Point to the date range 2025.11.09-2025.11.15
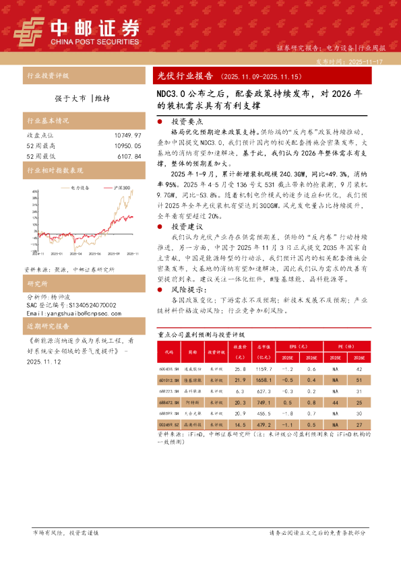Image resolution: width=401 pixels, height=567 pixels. coord(252,77)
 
